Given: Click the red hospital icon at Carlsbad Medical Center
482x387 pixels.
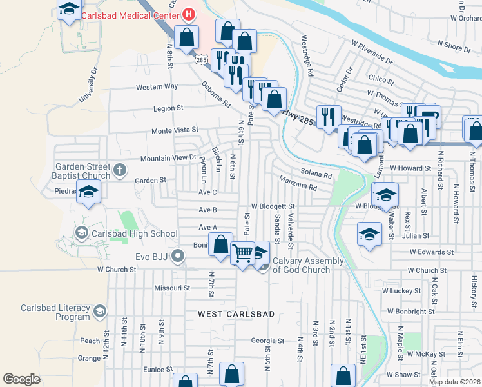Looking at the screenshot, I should pos(189,13).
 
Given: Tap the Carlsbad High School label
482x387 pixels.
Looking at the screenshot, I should pos(135,233).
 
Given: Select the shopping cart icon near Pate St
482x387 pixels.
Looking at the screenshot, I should pos(242,253).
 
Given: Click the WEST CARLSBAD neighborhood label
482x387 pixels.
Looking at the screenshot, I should pos(236,314).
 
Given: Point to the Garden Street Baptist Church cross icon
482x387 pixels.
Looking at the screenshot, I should pos(119,170).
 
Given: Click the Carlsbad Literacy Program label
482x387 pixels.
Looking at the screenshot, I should pos(55,312).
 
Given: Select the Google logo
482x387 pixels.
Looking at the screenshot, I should pos(21,379).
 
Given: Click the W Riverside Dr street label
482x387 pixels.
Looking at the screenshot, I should pos(372,53).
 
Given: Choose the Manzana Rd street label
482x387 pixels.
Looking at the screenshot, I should pos(298,183).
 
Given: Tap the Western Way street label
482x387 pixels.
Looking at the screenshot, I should pos(157,86).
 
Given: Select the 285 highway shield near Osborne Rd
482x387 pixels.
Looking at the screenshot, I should pos(202,59).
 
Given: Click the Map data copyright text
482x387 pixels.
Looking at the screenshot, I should pos(455,382).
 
